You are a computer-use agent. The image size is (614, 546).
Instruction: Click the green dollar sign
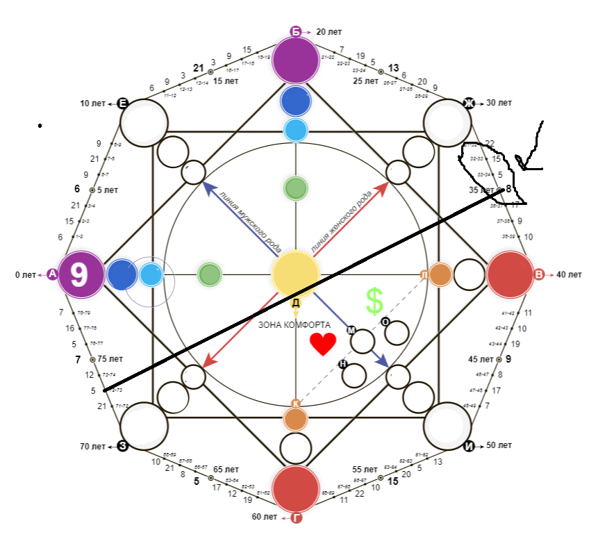374,301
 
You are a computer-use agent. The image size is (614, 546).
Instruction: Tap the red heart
323,344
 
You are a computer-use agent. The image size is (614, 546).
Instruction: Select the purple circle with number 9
81,274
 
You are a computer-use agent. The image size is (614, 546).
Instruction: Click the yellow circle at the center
295,274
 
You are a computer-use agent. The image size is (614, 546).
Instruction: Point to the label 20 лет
329,31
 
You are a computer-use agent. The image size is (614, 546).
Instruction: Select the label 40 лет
569,274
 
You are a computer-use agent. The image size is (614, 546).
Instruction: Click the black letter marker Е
122,104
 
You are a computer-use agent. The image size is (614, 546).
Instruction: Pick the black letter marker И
469,445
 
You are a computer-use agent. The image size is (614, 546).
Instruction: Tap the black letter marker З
122,445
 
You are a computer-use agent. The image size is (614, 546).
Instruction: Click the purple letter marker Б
295,31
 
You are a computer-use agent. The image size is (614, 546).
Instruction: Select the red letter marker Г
296,517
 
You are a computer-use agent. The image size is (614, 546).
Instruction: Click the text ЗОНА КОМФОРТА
294,324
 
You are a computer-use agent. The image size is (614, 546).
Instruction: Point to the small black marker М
351,330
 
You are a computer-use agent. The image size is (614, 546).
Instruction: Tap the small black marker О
385,321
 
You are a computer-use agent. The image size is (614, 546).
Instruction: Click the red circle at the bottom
296,489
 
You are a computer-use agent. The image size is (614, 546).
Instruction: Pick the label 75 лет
110,359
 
